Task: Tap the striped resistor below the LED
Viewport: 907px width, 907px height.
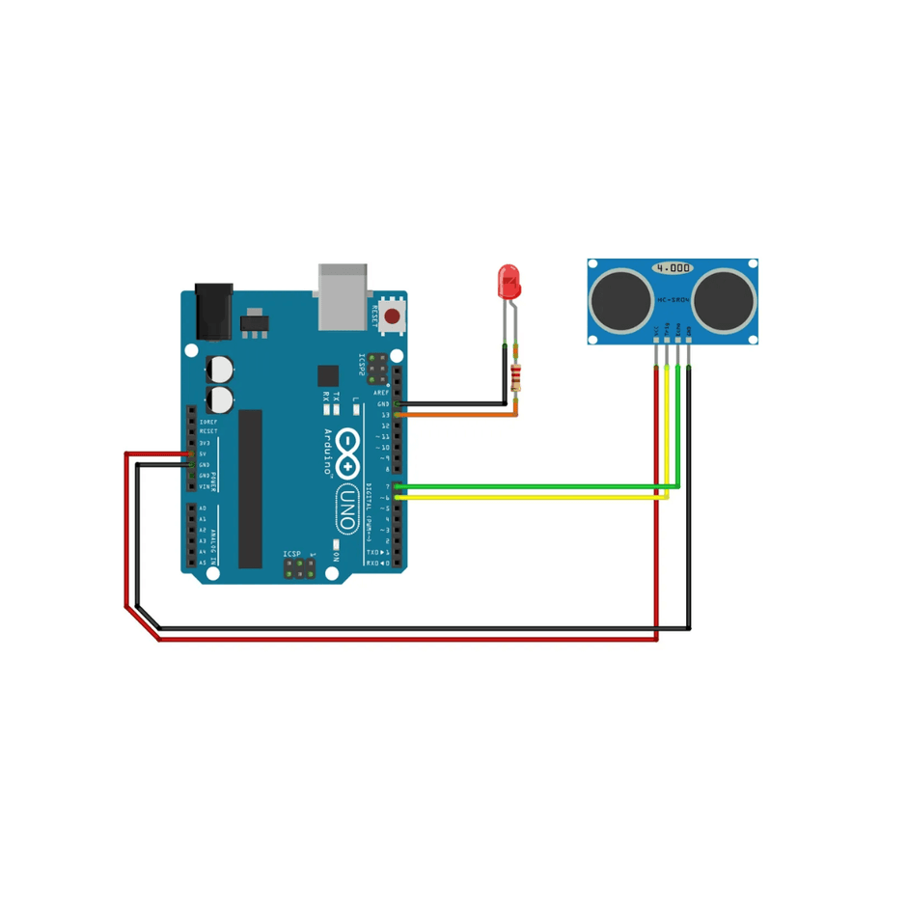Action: click(516, 378)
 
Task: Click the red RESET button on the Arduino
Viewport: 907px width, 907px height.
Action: click(392, 316)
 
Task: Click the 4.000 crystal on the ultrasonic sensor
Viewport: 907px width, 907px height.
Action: click(673, 267)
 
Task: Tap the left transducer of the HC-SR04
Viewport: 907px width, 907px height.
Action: click(620, 297)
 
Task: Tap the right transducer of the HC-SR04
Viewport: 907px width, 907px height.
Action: click(724, 297)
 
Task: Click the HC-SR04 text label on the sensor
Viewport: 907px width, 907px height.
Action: click(673, 300)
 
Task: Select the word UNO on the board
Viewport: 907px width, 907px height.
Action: click(344, 509)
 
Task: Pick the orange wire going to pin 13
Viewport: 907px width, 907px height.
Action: click(463, 415)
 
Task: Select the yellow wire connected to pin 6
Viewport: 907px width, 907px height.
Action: click(531, 497)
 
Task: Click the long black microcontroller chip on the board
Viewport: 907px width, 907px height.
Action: click(250, 488)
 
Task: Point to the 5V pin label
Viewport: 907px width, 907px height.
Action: click(203, 453)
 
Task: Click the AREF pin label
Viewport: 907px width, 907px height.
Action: click(380, 393)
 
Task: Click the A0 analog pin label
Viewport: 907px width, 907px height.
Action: click(203, 508)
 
